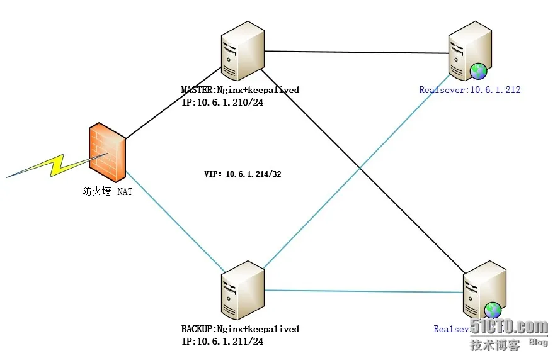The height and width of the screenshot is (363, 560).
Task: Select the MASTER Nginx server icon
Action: click(x=243, y=55)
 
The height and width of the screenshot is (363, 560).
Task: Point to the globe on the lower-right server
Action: click(x=493, y=310)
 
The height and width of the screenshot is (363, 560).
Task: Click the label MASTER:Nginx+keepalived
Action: click(x=240, y=91)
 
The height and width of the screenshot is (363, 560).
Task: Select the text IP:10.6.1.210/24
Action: click(x=222, y=102)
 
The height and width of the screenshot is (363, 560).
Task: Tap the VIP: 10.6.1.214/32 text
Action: click(x=243, y=174)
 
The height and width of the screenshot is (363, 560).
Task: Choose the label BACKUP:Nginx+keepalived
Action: click(x=240, y=329)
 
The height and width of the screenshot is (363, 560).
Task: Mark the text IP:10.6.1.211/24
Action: click(x=222, y=341)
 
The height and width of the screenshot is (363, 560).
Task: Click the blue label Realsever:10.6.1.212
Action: click(x=469, y=91)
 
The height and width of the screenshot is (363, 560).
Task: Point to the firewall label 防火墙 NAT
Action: click(x=107, y=192)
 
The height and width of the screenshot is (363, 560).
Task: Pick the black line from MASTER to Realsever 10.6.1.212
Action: click(x=356, y=52)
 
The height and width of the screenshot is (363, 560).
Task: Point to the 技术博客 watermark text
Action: click(x=495, y=345)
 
